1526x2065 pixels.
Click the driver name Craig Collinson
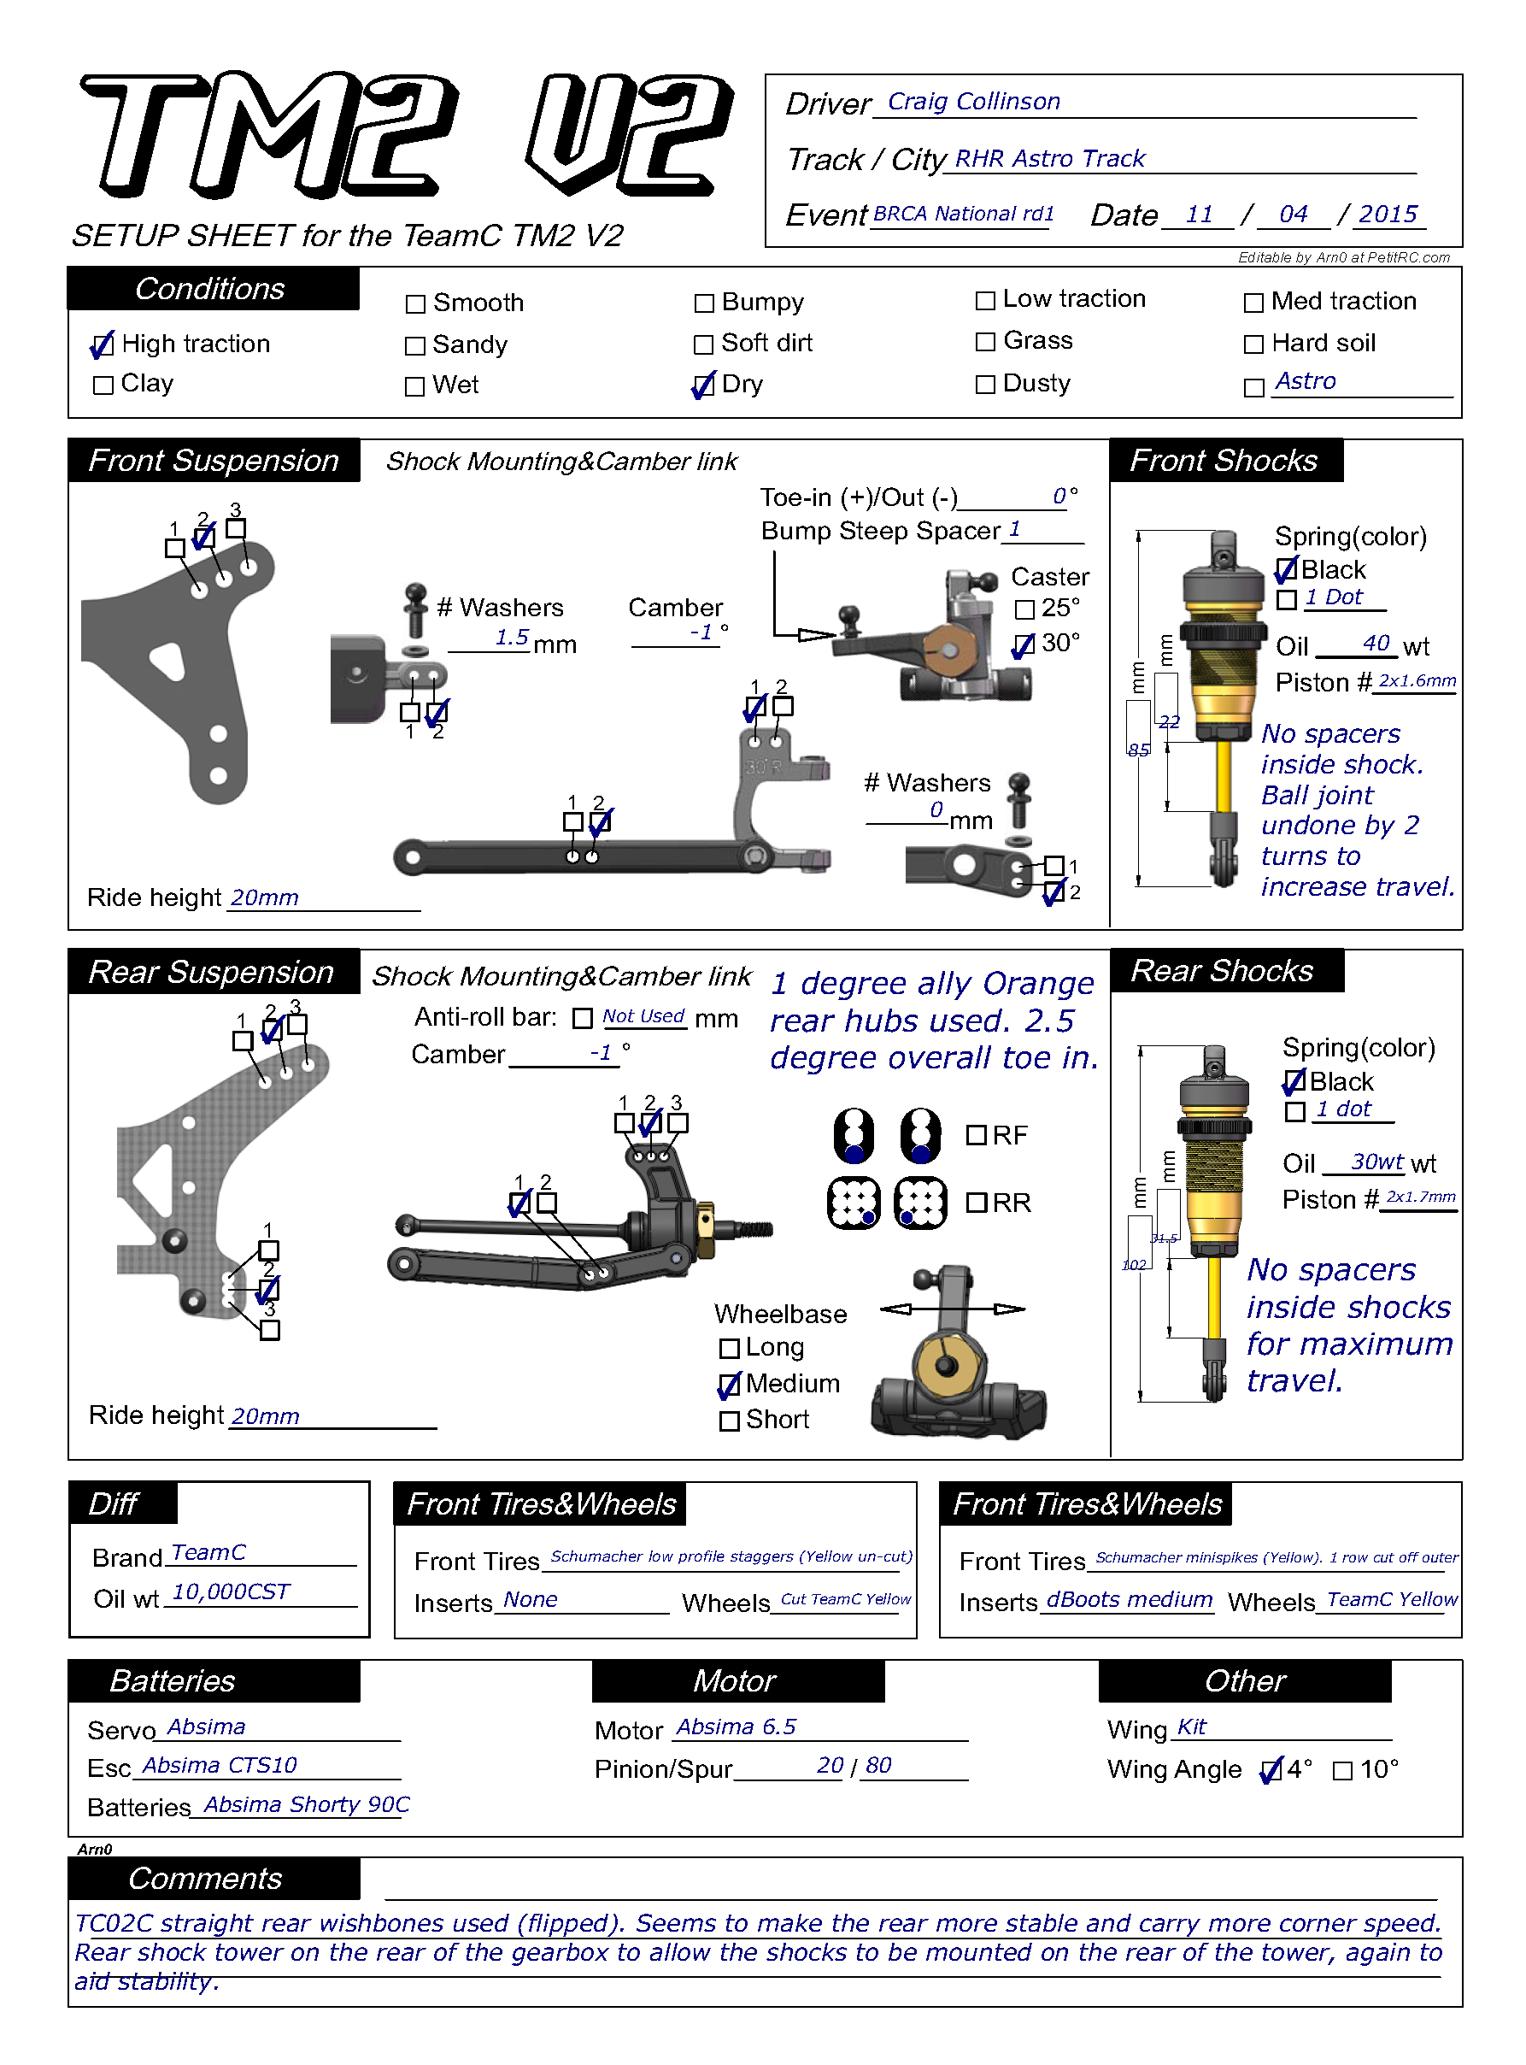point(973,102)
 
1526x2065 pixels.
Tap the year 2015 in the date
point(1388,215)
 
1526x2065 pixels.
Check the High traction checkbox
point(103,345)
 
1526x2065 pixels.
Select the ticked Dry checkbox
point(704,385)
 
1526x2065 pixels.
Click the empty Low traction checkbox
point(986,300)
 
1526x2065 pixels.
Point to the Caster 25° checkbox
point(1024,609)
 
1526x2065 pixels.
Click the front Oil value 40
point(1376,643)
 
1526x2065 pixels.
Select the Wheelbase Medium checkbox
point(730,1385)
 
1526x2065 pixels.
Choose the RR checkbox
point(977,1203)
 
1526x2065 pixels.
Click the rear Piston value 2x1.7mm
point(1421,1197)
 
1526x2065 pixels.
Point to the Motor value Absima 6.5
point(737,1727)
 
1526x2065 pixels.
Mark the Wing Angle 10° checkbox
point(1343,1770)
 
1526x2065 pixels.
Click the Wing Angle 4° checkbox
point(1272,1770)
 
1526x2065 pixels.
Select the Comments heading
point(205,1879)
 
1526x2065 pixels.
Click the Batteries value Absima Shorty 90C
point(307,1805)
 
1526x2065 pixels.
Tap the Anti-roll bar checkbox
point(583,1018)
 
